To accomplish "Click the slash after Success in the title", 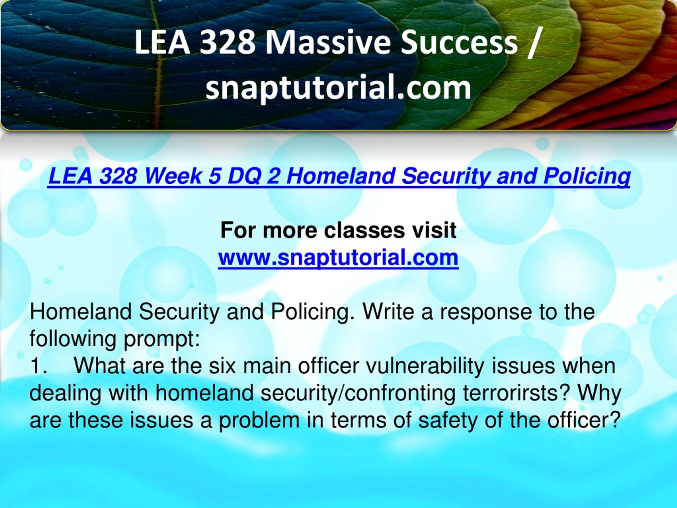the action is tap(534, 43).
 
